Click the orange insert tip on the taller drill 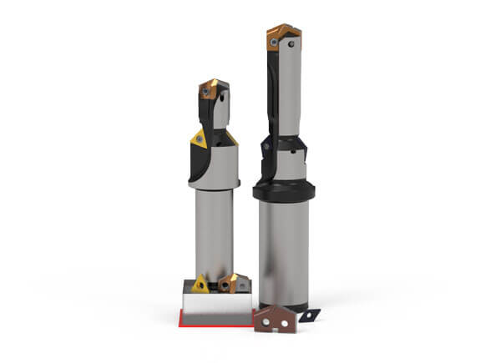click(x=283, y=36)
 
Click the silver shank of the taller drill click(x=285, y=250)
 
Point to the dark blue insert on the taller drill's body click(x=266, y=148)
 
